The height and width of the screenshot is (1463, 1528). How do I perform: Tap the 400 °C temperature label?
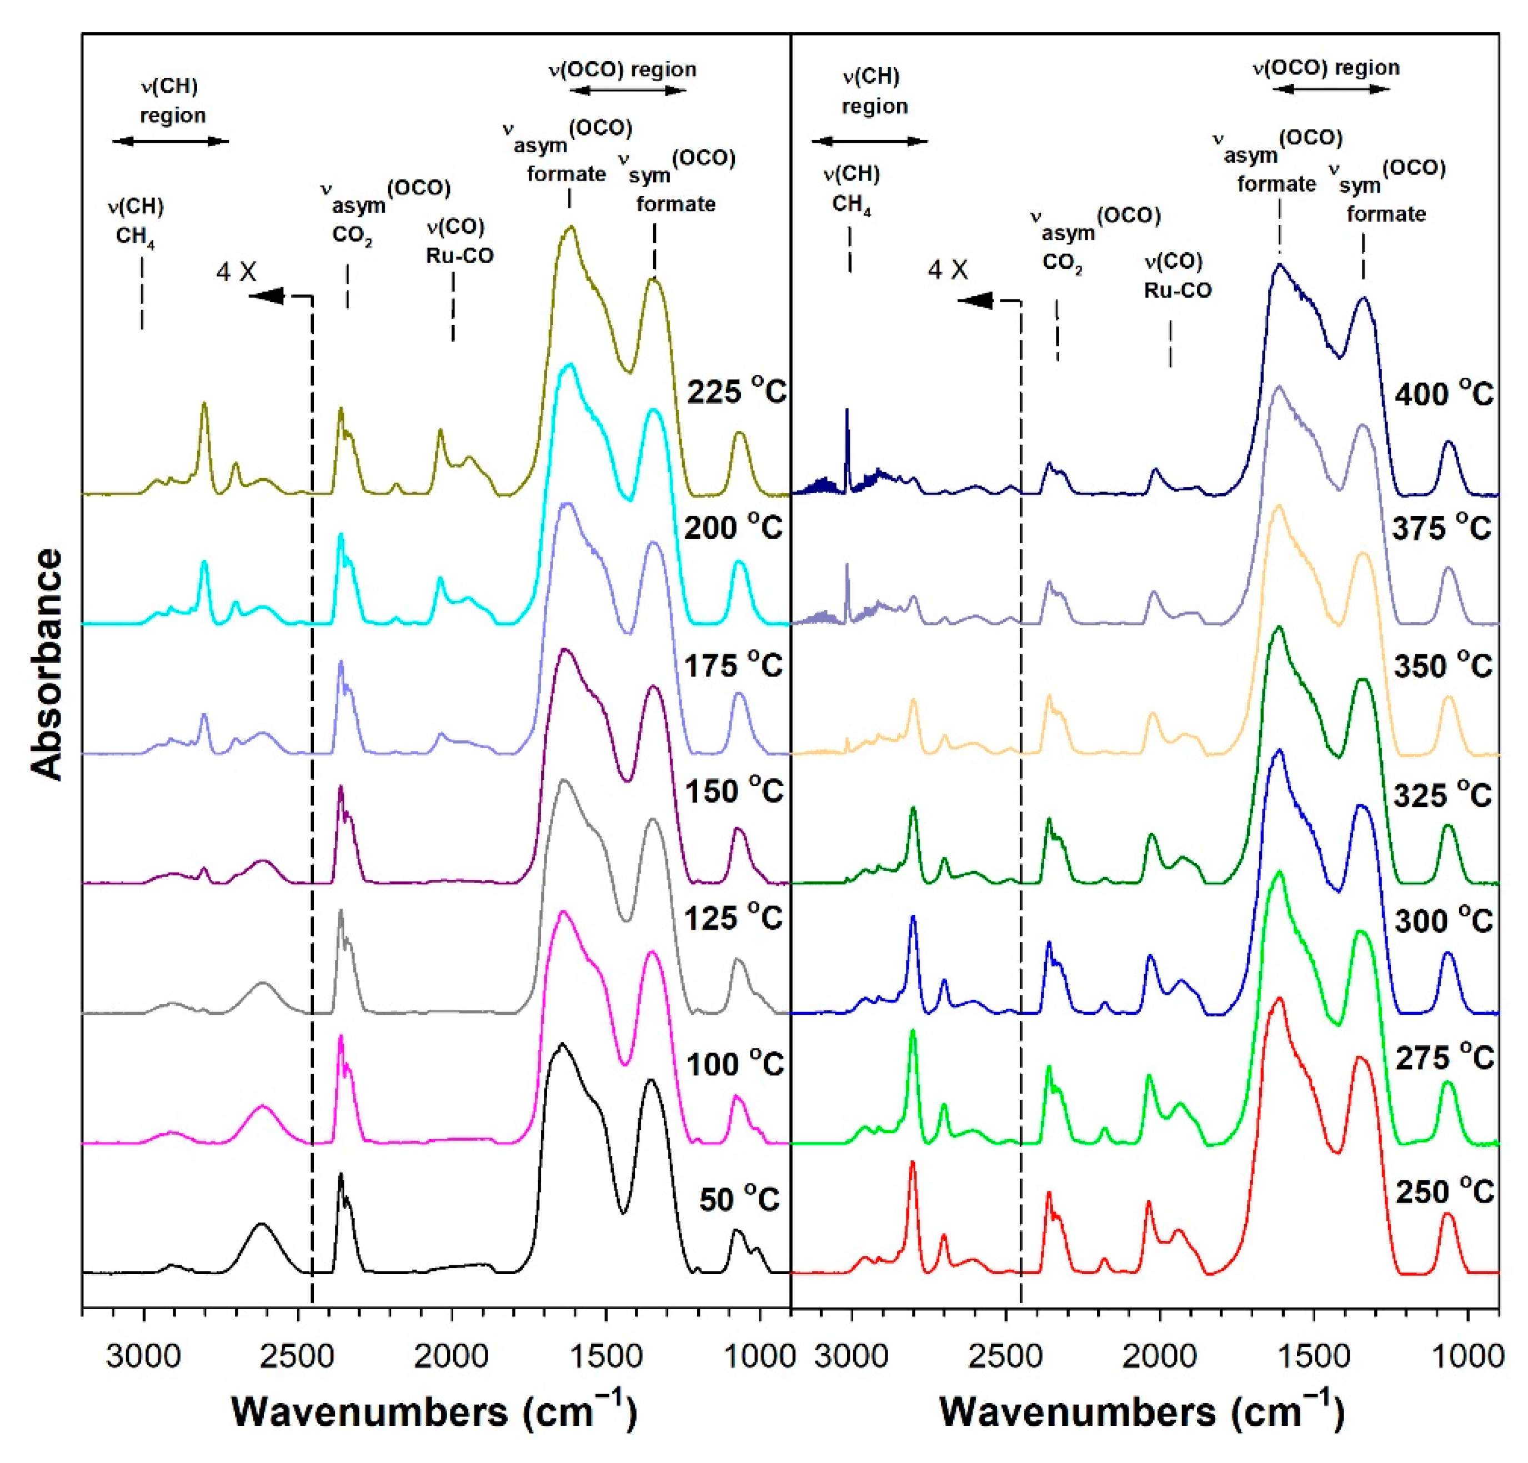[x=1444, y=394]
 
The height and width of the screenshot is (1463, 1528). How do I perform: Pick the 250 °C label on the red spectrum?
[x=1444, y=1191]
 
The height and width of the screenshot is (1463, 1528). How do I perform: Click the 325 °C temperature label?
[x=1442, y=795]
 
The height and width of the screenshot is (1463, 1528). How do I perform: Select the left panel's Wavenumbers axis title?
[x=434, y=1411]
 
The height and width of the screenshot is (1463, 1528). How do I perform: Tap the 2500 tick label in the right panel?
[x=1006, y=1356]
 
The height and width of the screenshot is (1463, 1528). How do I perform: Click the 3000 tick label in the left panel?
[x=143, y=1356]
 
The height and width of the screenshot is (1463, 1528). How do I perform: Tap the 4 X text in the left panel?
[x=236, y=272]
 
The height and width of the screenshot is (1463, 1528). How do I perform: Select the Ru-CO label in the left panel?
[x=459, y=255]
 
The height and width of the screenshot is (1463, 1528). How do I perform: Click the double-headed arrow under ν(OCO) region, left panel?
[x=628, y=91]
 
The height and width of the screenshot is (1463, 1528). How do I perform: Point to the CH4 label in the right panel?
[x=851, y=205]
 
